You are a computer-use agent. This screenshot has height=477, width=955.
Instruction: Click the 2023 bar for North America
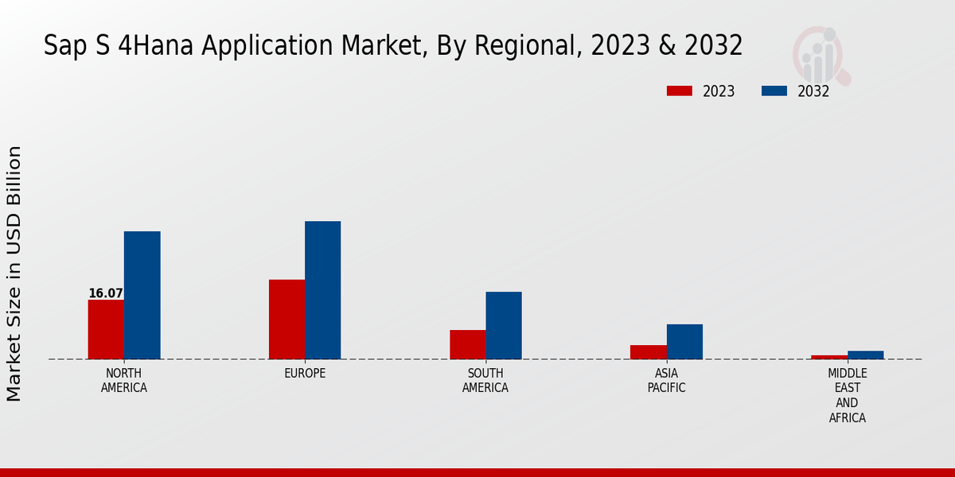pos(106,329)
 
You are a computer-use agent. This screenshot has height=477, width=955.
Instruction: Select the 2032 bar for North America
pos(142,295)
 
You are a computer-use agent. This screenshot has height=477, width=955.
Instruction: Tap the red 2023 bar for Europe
pos(286,319)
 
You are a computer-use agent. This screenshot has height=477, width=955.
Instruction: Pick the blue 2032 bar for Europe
pos(322,290)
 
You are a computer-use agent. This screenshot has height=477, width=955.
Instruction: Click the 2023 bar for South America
pos(467,344)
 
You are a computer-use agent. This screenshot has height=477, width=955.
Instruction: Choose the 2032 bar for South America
pos(504,325)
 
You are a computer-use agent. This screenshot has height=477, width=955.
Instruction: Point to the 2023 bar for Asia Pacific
pos(649,352)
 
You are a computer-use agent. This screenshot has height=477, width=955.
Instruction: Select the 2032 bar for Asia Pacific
pos(684,341)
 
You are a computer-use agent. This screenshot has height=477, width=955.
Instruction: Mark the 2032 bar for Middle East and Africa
pos(865,355)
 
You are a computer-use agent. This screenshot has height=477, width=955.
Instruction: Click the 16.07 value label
pos(105,293)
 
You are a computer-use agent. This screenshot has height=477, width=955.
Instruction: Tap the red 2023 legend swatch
pos(679,91)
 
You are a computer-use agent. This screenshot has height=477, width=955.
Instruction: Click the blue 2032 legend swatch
pos(774,91)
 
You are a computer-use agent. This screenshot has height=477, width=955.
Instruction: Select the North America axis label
pos(123,381)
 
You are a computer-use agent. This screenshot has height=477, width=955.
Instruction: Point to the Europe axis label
pos(305,374)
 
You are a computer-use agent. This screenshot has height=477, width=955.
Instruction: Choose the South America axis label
pos(485,381)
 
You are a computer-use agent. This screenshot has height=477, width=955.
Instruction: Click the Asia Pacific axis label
pos(666,381)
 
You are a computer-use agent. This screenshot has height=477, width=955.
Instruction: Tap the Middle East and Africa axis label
pos(847,395)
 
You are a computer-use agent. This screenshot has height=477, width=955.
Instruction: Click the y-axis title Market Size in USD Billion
pos(14,273)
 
